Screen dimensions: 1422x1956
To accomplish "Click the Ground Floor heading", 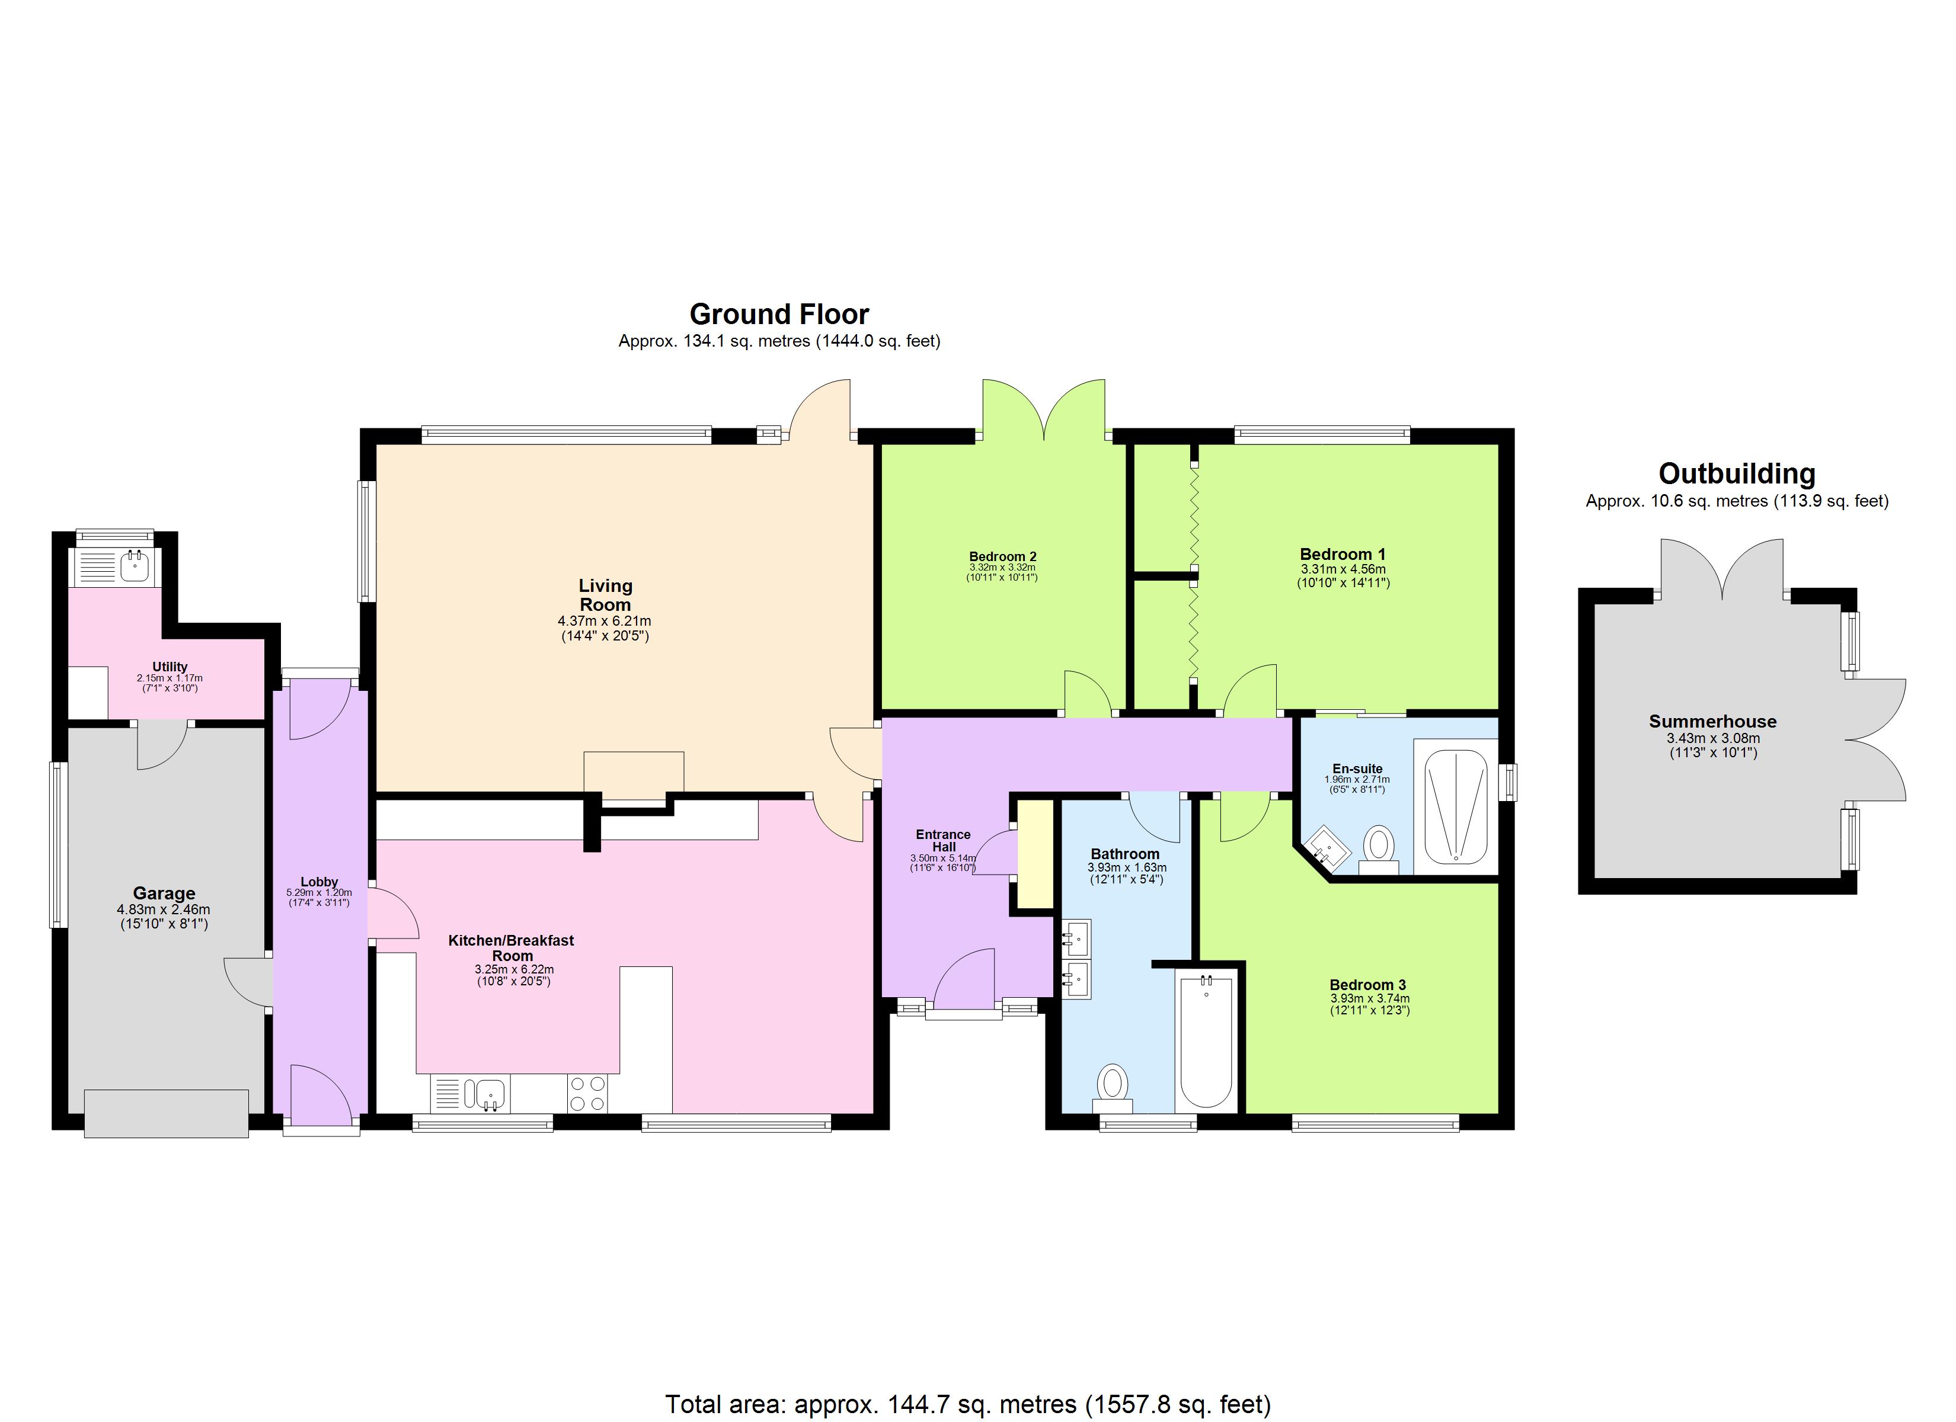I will (x=779, y=314).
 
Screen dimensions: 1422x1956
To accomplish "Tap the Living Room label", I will (x=605, y=595).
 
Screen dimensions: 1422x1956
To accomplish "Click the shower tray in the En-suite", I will (x=1456, y=806).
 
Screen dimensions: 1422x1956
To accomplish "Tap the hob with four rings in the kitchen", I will (x=587, y=1093).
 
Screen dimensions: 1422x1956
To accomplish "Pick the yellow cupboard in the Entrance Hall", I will (x=1035, y=854).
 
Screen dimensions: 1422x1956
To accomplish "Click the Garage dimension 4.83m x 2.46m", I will (x=164, y=909).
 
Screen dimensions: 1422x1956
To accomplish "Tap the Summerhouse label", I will (x=1712, y=722).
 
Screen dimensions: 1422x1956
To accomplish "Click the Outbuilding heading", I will (x=1736, y=473).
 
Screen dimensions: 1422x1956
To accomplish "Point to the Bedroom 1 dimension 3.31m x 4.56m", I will (x=1343, y=569).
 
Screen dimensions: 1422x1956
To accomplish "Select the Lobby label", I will (x=319, y=881).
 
